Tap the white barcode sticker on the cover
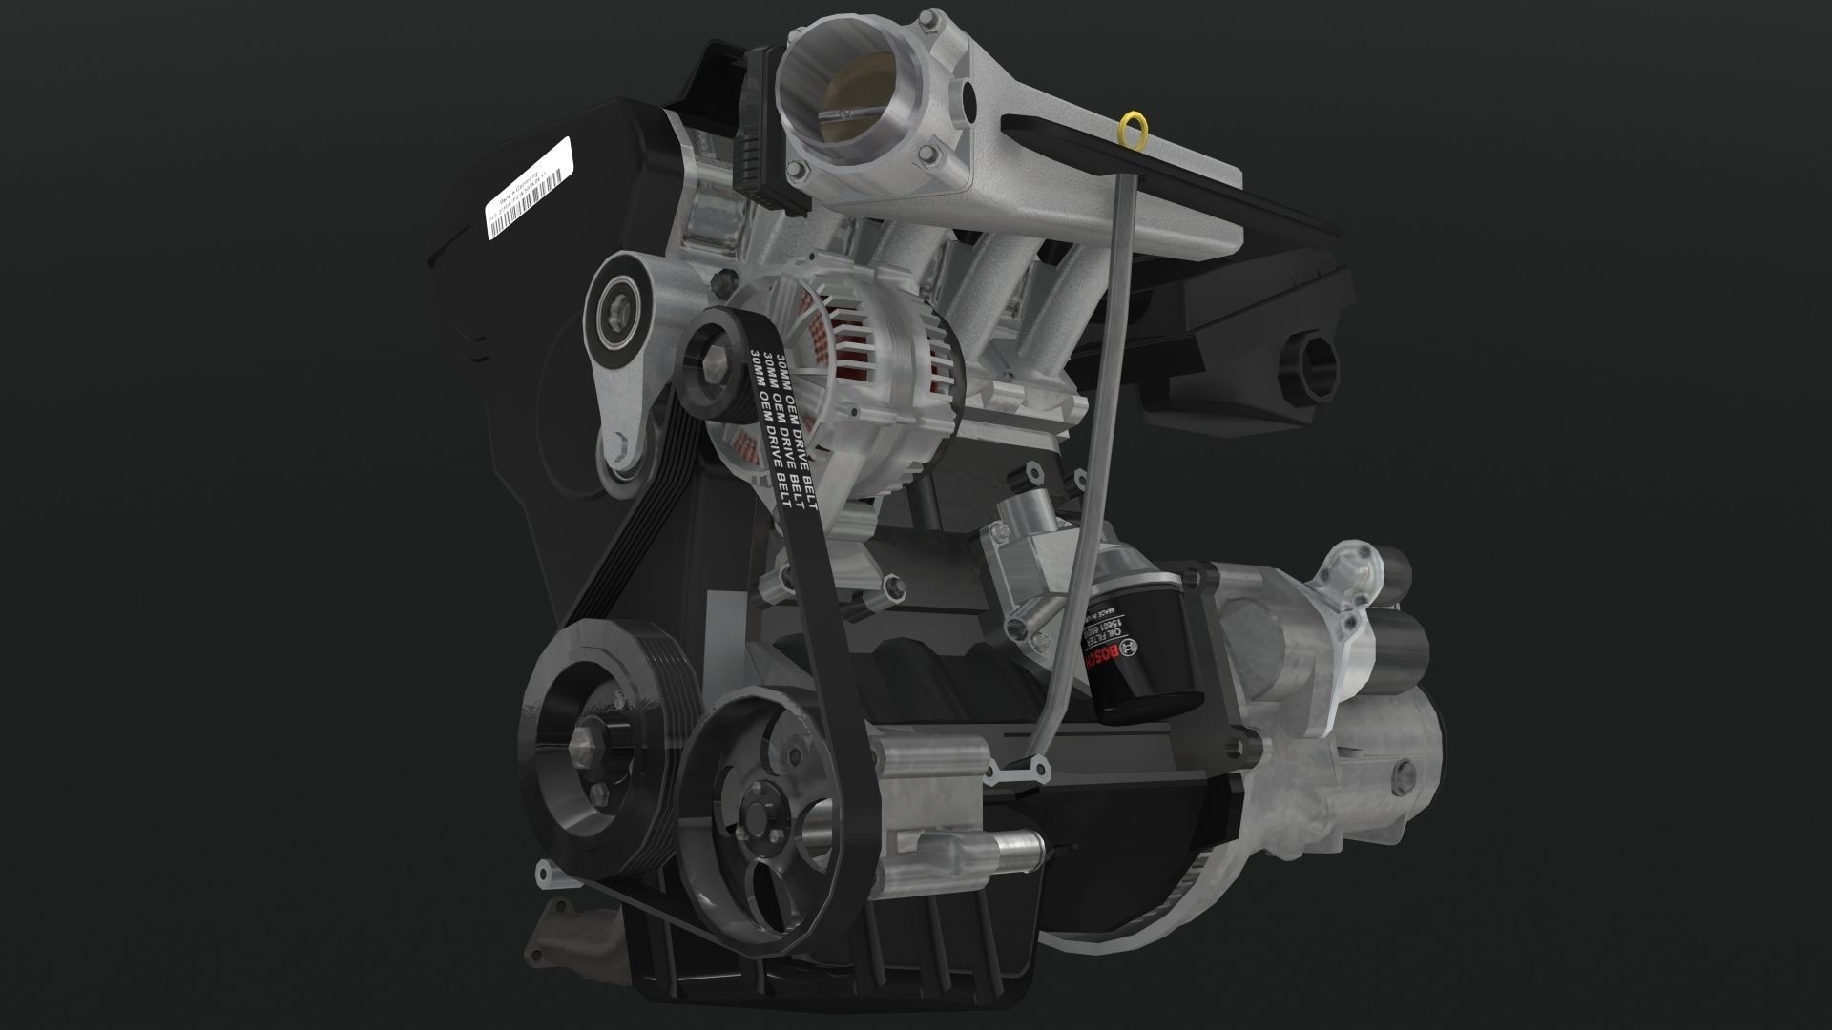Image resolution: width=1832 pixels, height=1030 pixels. click(528, 187)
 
